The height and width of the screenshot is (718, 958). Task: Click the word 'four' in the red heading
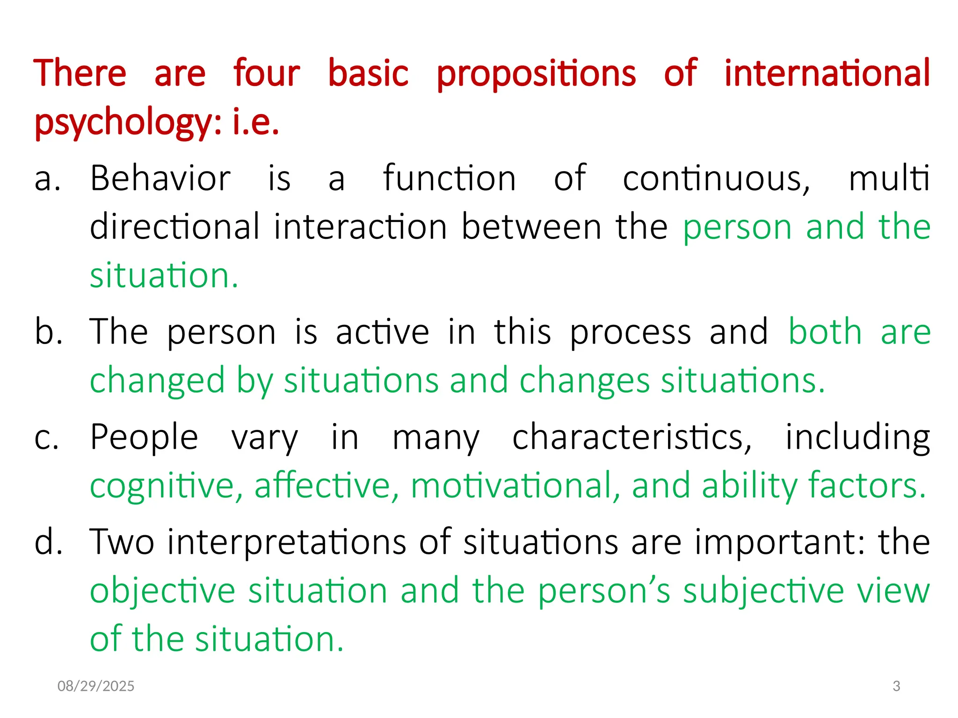click(x=267, y=73)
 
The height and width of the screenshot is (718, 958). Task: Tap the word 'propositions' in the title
click(x=536, y=73)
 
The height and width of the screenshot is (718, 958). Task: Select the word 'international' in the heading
click(x=827, y=73)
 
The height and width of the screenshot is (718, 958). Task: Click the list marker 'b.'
click(x=49, y=332)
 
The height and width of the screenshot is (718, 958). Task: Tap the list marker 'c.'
click(x=47, y=438)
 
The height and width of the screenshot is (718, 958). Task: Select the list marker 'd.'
click(x=49, y=542)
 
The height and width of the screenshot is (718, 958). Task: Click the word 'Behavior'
click(x=160, y=179)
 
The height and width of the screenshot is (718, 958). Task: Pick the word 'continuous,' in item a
click(x=716, y=179)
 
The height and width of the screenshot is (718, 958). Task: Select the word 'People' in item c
click(x=144, y=438)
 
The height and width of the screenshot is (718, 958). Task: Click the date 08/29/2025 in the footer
click(x=96, y=686)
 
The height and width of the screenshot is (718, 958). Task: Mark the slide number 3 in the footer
click(x=896, y=686)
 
